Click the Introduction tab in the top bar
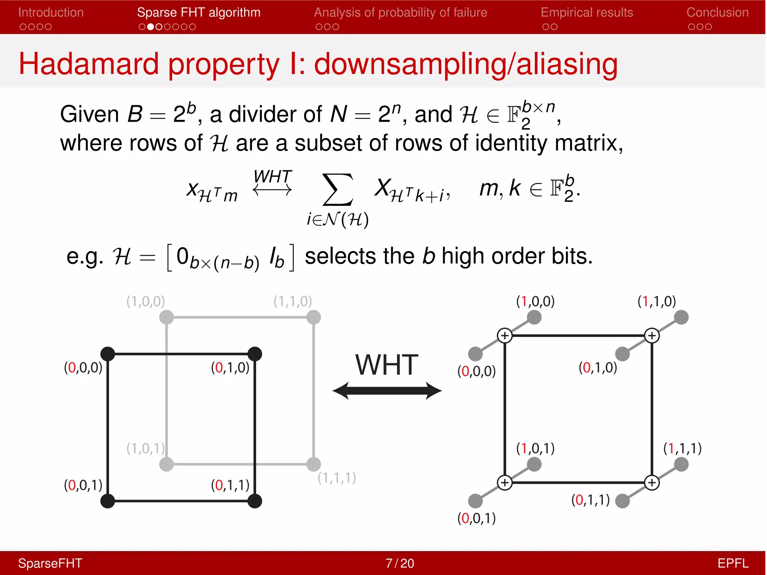[x=51, y=12]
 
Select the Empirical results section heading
[x=586, y=12]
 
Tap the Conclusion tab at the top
[x=717, y=12]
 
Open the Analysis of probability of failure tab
[x=400, y=12]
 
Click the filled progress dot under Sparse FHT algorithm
[x=150, y=27]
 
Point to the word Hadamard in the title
[x=88, y=64]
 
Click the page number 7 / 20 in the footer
[x=400, y=563]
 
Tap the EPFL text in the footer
[x=733, y=563]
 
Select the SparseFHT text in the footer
[x=50, y=563]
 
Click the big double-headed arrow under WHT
[x=387, y=391]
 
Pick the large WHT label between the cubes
[x=387, y=365]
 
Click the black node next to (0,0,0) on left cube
[x=108, y=354]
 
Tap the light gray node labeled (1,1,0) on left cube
[x=313, y=317]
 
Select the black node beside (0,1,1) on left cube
[x=255, y=501]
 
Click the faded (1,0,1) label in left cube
[x=145, y=448]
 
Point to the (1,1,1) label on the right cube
[x=682, y=448]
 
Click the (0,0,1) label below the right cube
[x=476, y=518]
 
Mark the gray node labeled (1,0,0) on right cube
[x=534, y=317]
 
